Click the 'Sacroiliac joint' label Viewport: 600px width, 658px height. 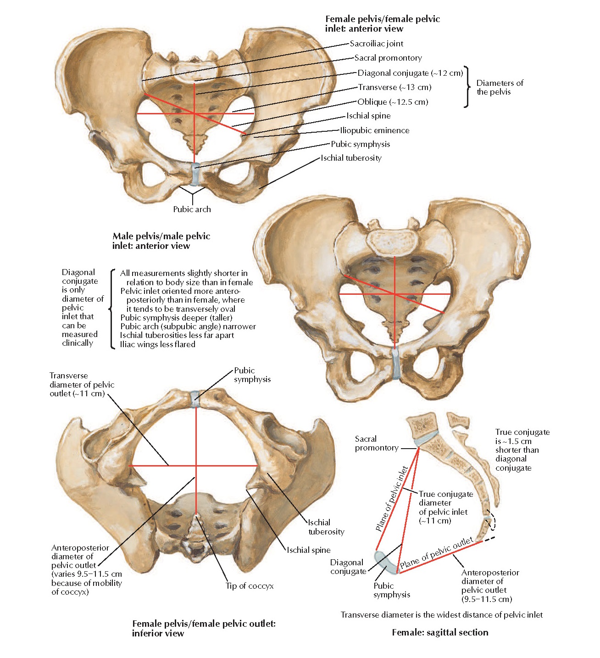(377, 44)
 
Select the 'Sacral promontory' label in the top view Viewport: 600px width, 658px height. (388, 58)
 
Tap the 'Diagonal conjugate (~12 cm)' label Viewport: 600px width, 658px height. (410, 73)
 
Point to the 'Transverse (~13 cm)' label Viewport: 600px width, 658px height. (394, 87)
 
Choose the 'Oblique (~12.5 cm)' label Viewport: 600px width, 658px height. (393, 102)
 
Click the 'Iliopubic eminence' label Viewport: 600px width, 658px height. (375, 130)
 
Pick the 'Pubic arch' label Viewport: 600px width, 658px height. (192, 209)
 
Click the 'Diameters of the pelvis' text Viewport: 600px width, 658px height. (500, 87)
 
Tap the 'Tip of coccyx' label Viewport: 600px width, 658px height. (250, 586)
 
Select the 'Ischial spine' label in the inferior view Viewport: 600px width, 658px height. (308, 550)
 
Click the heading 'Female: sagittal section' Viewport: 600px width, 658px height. (440, 632)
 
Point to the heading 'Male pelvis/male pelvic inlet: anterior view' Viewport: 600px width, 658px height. (161, 241)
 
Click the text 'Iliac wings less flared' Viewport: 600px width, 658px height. (157, 344)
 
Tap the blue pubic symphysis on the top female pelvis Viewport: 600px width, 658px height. (195, 172)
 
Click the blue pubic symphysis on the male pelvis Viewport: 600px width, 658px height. (395, 363)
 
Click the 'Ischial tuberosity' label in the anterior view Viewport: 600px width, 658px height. (351, 158)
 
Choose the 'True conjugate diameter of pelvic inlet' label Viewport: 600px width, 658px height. (445, 507)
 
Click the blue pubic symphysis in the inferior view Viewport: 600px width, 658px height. (195, 398)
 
